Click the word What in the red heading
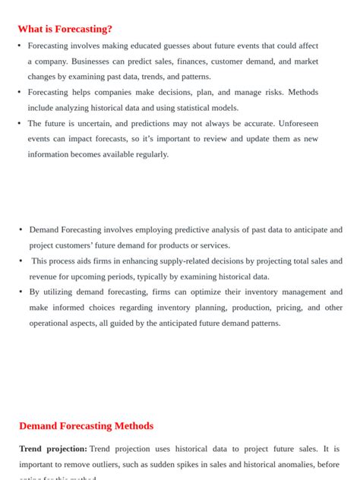[33, 29]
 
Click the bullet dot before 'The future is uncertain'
[19, 123]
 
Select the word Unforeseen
[292, 123]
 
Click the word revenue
[43, 276]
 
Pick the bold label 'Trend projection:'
[53, 449]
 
